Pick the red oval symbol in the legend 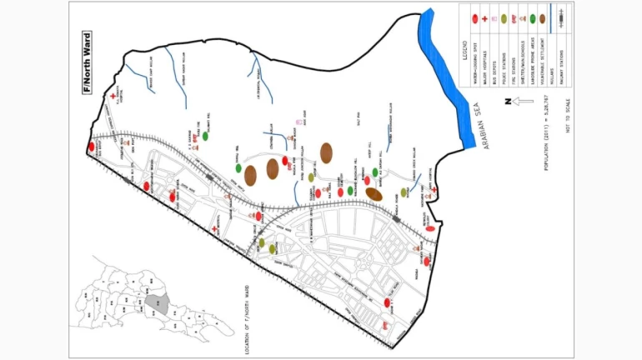474,17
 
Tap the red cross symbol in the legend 484,17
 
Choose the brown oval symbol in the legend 542,17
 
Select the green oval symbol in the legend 532,17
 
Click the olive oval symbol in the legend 504,17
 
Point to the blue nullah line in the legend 552,18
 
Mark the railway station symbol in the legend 562,17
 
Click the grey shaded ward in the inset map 155,306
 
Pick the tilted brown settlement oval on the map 374,193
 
